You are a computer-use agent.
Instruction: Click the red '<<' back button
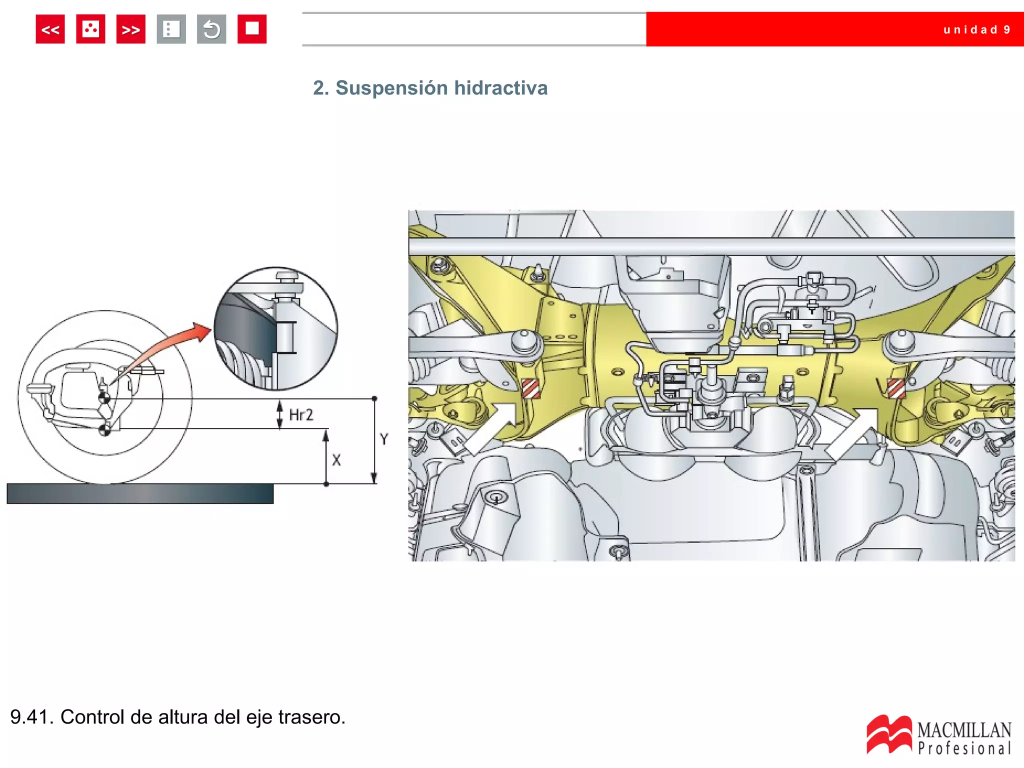[x=50, y=29]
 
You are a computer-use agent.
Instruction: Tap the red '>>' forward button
[x=131, y=29]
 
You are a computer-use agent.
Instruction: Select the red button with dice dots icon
[x=90, y=29]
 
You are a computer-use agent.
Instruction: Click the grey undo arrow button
[x=211, y=29]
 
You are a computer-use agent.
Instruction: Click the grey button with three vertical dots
[x=171, y=29]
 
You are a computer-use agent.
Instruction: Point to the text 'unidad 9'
[x=977, y=30]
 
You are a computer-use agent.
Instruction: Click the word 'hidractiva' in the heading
[x=500, y=88]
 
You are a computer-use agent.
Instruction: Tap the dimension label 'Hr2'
[x=301, y=415]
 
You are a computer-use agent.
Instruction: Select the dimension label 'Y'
[x=384, y=439]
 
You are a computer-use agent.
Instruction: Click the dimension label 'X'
[x=336, y=460]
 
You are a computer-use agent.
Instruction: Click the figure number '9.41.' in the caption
[x=31, y=717]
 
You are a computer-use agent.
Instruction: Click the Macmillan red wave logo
[x=889, y=734]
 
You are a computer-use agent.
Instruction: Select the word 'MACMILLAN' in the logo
[x=964, y=730]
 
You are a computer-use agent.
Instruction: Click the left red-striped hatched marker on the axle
[x=531, y=388]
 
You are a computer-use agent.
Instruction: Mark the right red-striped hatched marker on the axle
[x=896, y=388]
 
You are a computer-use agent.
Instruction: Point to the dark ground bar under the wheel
[x=140, y=493]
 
